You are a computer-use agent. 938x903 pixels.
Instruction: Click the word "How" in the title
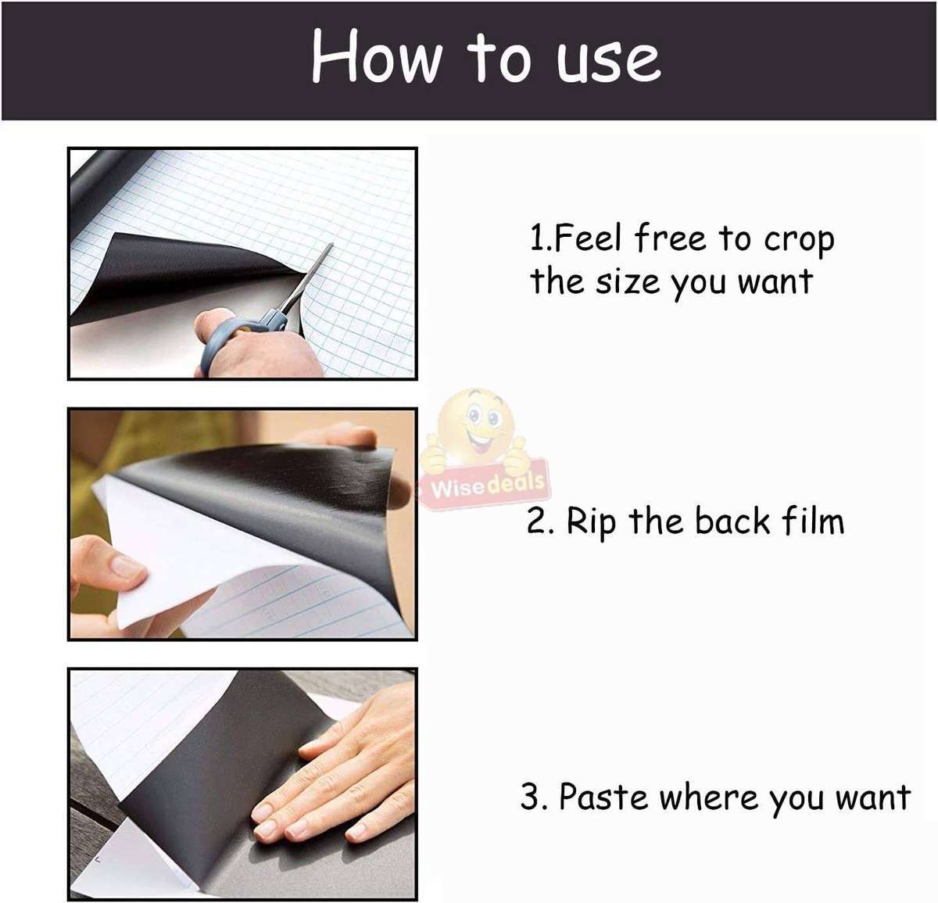tap(377, 56)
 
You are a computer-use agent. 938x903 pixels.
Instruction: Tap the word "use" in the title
tap(608, 61)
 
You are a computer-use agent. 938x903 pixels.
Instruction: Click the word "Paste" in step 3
tap(603, 797)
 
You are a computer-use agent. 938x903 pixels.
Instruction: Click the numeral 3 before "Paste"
tap(531, 797)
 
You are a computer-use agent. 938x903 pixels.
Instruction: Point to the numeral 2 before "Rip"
tap(536, 521)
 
